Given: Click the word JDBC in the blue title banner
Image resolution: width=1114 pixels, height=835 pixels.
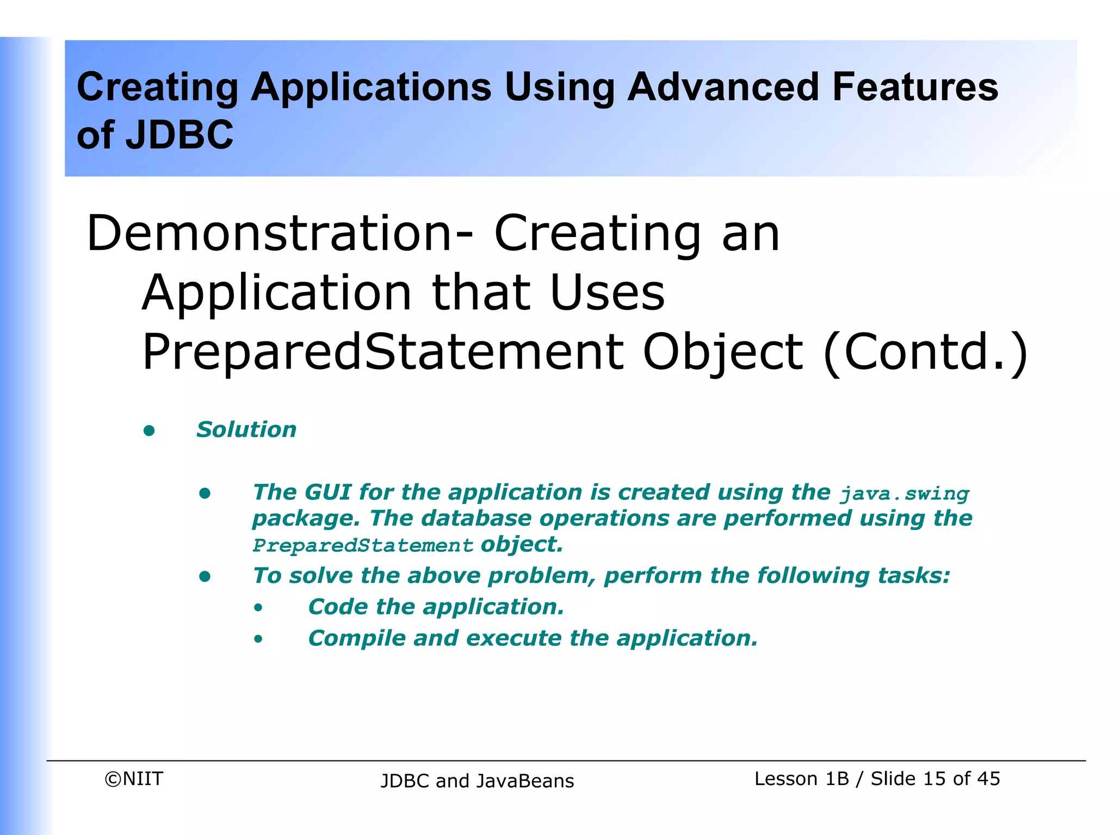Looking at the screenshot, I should (180, 135).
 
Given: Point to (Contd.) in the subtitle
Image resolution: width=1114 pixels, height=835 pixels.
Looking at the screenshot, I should (925, 352).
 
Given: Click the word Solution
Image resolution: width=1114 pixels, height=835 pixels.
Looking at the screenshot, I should (246, 429).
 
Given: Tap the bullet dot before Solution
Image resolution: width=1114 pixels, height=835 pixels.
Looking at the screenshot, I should (149, 431).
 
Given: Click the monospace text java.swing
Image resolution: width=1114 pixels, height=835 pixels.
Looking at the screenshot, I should (905, 494).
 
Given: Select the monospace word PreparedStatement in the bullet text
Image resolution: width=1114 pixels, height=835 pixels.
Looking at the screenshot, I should (363, 545).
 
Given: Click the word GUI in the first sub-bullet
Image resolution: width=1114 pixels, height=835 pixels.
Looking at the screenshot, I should (327, 492).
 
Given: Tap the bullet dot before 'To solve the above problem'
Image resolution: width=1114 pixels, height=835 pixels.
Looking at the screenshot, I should (205, 576).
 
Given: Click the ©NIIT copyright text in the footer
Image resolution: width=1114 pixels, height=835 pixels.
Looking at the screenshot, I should (134, 778).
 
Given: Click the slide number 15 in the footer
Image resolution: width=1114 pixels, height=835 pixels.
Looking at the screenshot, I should (934, 778).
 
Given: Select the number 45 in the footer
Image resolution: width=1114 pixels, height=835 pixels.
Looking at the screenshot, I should (988, 778).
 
